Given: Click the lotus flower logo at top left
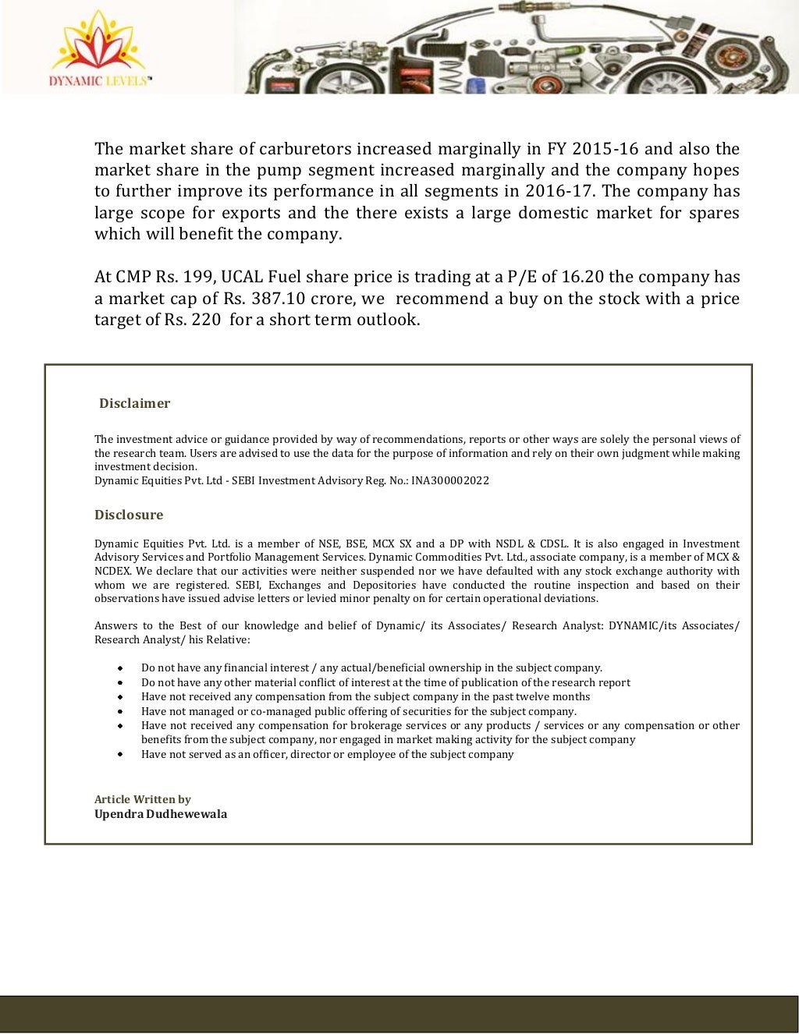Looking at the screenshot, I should point(98,43).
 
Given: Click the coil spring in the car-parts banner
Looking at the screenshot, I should point(451,76).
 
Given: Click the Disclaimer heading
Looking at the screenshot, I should point(134,403).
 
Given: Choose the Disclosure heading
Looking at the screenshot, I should point(129,515).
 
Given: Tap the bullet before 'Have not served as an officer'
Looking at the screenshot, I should point(120,754).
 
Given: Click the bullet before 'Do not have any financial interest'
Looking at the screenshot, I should point(120,668).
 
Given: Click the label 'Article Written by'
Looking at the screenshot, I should point(142,799).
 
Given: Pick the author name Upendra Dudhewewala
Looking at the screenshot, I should point(161,814).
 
